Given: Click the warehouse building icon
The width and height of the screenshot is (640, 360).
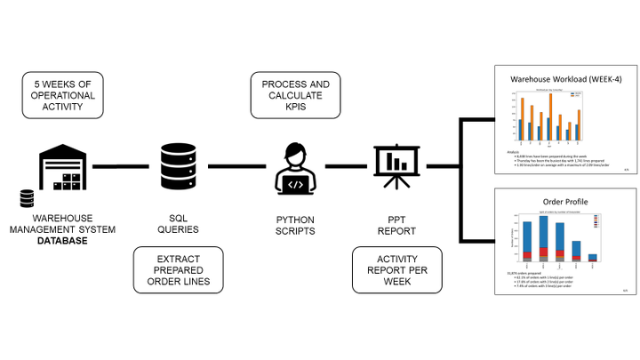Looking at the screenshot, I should (x=64, y=170).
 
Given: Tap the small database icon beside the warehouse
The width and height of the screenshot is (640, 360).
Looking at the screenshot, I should (x=27, y=198).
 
